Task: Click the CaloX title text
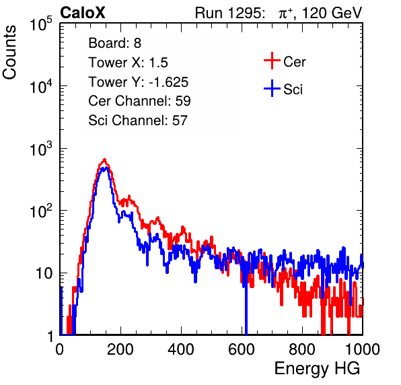point(82,13)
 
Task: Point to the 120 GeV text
point(332,13)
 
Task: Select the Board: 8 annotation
point(114,43)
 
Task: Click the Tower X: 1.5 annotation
point(128,62)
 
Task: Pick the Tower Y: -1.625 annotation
point(139,81)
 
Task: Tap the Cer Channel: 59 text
point(139,101)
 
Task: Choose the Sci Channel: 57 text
point(138,120)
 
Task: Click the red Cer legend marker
point(272,61)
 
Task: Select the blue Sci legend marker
point(272,88)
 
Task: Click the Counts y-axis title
point(9,53)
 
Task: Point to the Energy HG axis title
point(317,368)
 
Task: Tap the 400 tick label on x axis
point(181,349)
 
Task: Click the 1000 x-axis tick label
point(362,349)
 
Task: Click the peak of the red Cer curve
point(104,160)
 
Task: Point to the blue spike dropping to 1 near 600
point(246,307)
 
